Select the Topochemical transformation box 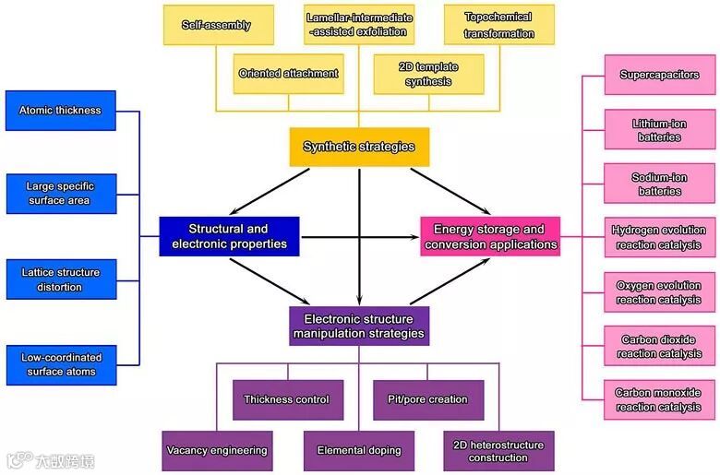point(499,25)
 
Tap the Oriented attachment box point(288,74)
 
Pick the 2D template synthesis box point(428,74)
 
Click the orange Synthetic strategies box point(359,147)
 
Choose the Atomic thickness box point(60,111)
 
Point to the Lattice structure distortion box point(60,279)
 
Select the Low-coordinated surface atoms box point(60,364)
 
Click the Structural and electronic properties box point(229,236)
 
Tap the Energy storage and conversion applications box point(490,236)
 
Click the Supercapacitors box point(659,75)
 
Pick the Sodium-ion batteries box point(659,184)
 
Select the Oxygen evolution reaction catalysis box point(659,292)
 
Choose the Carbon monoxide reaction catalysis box point(659,400)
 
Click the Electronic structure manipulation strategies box point(359,326)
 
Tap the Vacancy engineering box point(217,450)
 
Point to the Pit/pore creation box point(428,399)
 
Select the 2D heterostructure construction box point(498,450)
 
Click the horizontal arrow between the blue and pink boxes point(360,237)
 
